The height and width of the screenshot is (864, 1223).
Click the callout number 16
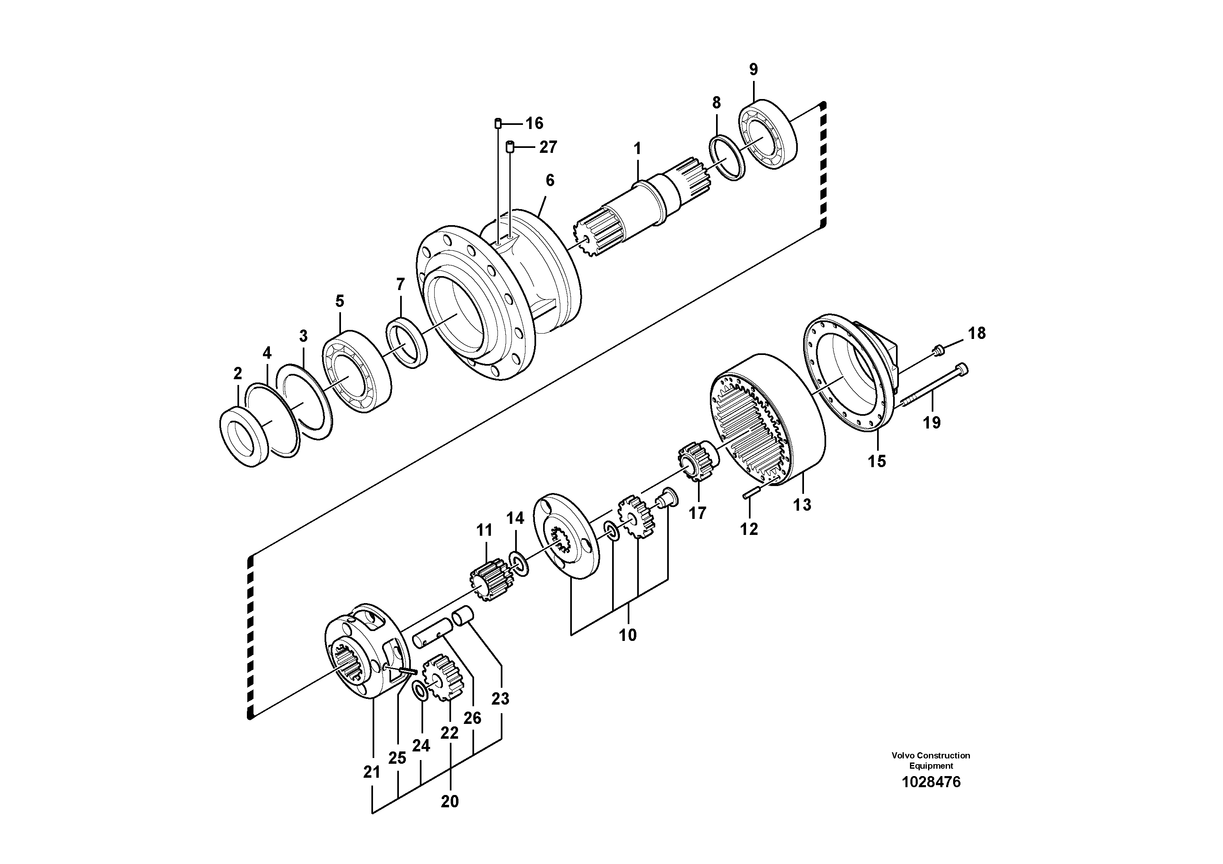point(534,124)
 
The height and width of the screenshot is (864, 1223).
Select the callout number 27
point(548,147)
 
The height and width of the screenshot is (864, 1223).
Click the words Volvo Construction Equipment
point(930,760)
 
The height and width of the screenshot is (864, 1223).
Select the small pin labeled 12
point(749,494)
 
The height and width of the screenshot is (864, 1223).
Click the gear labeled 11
point(486,579)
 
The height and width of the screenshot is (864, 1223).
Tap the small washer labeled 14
point(518,564)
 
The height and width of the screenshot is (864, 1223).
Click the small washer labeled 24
point(420,691)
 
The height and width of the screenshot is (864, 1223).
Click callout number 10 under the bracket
point(627,635)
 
